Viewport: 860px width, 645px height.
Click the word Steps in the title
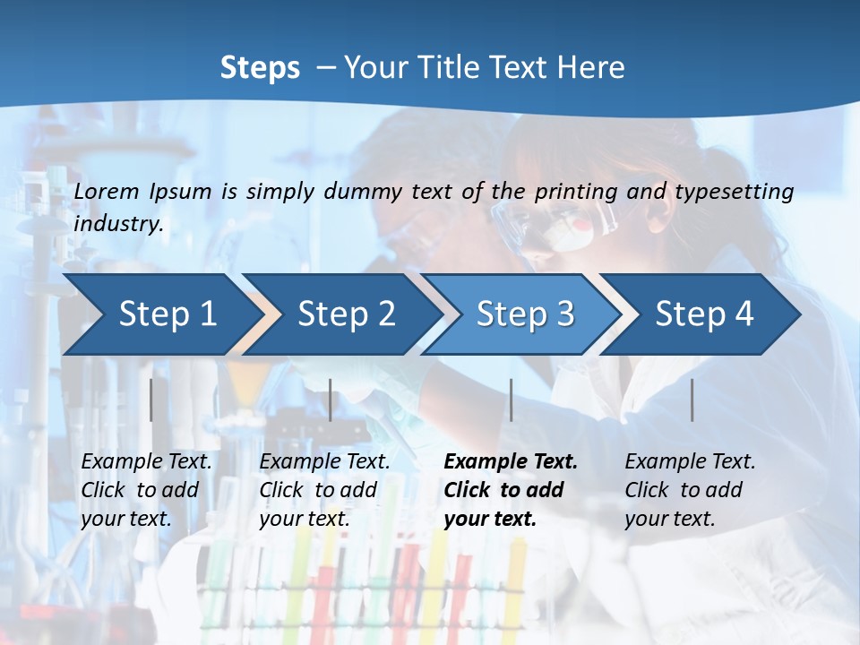pyautogui.click(x=260, y=68)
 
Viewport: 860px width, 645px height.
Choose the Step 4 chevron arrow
pyautogui.click(x=704, y=314)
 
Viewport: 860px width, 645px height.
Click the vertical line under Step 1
pyautogui.click(x=151, y=400)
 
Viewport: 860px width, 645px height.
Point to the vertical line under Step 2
pyautogui.click(x=331, y=400)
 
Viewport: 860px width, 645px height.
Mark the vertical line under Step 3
pyautogui.click(x=511, y=400)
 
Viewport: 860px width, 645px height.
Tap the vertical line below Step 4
pyautogui.click(x=692, y=400)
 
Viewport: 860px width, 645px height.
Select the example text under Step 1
pyautogui.click(x=146, y=490)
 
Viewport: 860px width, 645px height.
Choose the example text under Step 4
pyautogui.click(x=690, y=490)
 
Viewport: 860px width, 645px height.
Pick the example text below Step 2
pyautogui.click(x=324, y=490)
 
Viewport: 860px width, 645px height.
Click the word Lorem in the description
pyautogui.click(x=107, y=191)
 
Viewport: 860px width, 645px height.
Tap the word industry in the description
pyautogui.click(x=117, y=224)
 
